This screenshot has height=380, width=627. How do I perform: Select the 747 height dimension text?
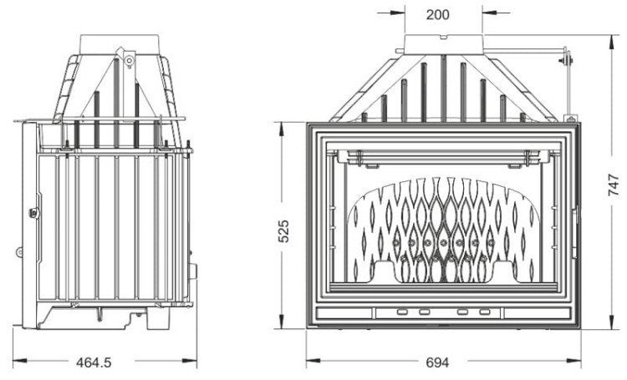[x=614, y=185]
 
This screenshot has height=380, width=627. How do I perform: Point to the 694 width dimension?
[x=437, y=362]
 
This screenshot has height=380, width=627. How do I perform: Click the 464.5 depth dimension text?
[x=94, y=362]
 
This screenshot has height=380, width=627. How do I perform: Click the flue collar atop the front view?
[x=443, y=43]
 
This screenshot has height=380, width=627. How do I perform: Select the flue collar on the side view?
[x=119, y=43]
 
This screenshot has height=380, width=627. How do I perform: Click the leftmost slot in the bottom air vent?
[x=401, y=312]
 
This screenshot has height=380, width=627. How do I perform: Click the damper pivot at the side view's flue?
[x=130, y=59]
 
